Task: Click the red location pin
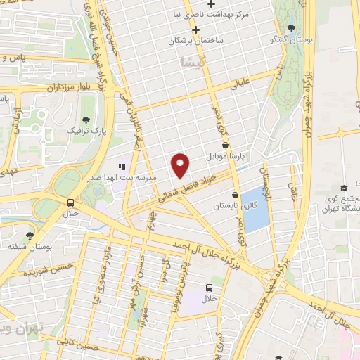[181, 165]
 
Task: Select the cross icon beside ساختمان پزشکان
[196, 29]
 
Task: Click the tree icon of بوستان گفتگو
[292, 27]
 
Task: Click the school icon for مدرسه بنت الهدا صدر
[122, 167]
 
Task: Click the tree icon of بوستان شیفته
[29, 236]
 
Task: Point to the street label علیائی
[240, 85]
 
